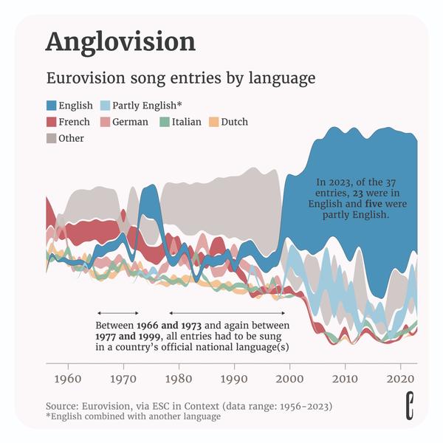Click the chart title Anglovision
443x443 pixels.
(x=120, y=41)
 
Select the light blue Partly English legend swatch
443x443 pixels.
(x=106, y=106)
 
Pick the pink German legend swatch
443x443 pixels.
(x=106, y=122)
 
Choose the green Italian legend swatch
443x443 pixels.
(x=165, y=122)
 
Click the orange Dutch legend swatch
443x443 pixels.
(x=214, y=122)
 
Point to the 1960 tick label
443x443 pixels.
(x=68, y=379)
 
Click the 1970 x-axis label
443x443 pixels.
(x=123, y=379)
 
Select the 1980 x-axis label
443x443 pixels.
(x=179, y=379)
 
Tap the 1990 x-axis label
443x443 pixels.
(x=234, y=379)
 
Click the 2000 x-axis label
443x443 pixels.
(x=289, y=379)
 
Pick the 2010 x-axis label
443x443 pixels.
(x=345, y=379)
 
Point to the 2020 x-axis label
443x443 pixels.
(x=400, y=379)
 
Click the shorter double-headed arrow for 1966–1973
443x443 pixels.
(x=118, y=313)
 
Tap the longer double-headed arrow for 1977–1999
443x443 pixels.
(x=229, y=313)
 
